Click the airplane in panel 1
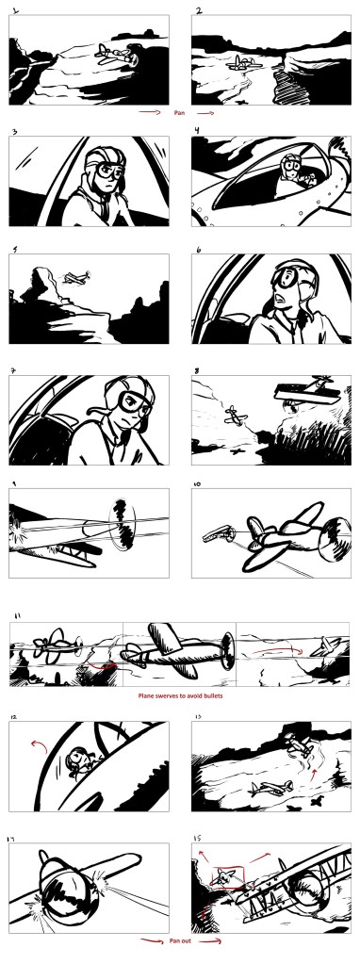[116, 54]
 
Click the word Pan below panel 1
[179, 113]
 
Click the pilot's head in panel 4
[287, 164]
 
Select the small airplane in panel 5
[77, 277]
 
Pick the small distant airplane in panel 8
[236, 415]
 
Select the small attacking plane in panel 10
[219, 532]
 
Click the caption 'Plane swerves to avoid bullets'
[179, 695]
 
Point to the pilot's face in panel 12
[77, 759]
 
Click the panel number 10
[197, 483]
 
